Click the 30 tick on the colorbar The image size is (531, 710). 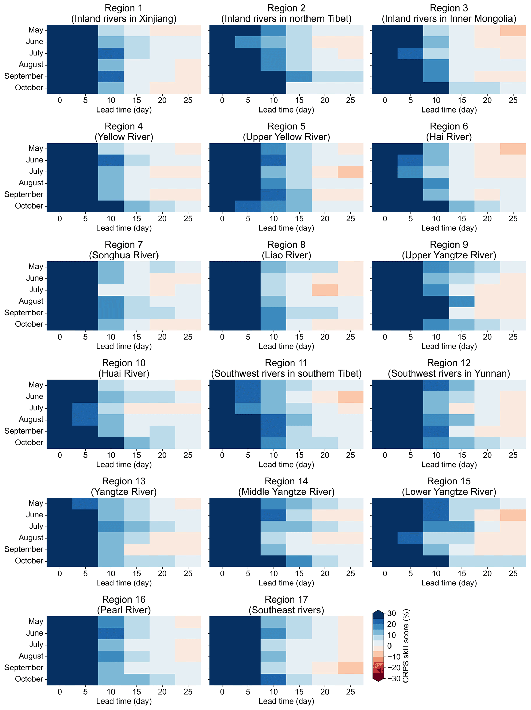(x=391, y=613)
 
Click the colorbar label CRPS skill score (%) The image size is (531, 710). (x=406, y=646)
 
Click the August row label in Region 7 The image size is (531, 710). (x=31, y=301)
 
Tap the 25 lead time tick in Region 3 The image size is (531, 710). (x=513, y=100)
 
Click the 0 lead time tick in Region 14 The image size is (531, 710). (x=222, y=573)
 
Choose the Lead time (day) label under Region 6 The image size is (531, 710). (x=449, y=228)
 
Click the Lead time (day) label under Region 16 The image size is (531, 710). (x=124, y=701)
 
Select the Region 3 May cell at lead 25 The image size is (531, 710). (x=513, y=31)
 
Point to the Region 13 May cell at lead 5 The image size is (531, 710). (x=85, y=504)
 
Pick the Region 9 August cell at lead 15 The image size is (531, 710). (x=461, y=301)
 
